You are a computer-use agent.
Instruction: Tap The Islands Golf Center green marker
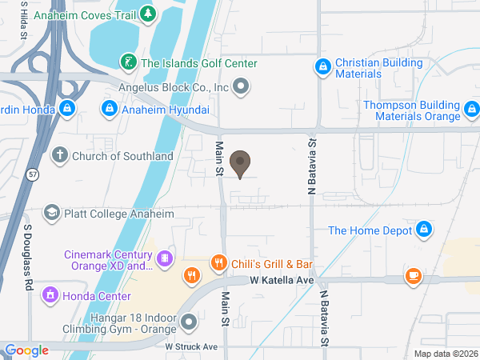click(x=127, y=62)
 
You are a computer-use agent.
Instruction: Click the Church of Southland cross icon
click(x=59, y=156)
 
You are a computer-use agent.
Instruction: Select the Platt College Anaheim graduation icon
click(x=52, y=212)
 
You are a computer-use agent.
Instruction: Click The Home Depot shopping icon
click(x=425, y=231)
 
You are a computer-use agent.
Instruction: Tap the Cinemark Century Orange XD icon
click(x=163, y=258)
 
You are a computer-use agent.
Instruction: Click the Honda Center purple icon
click(x=50, y=295)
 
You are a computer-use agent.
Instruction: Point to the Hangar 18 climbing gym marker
click(x=190, y=322)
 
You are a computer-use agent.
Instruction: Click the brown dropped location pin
click(x=239, y=164)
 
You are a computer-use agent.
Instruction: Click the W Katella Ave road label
click(x=282, y=281)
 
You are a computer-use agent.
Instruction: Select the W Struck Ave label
click(x=192, y=346)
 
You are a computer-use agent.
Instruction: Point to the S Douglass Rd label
click(x=28, y=257)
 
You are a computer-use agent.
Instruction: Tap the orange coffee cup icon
click(x=413, y=277)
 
